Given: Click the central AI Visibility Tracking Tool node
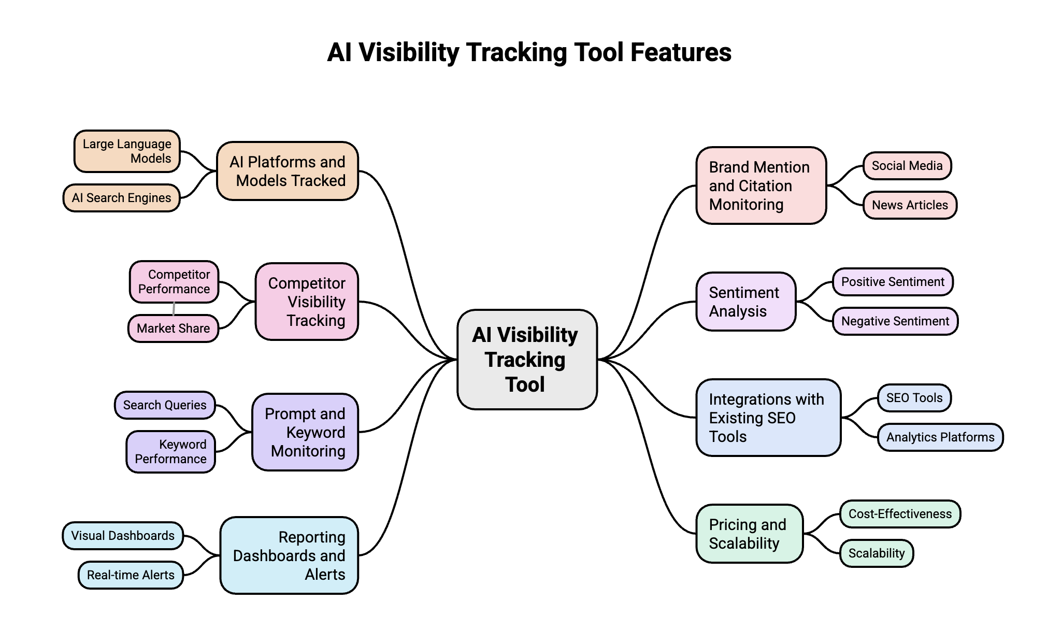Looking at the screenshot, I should click(527, 359).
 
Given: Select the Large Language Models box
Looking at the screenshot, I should click(127, 151).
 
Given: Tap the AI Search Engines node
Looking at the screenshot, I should click(121, 197).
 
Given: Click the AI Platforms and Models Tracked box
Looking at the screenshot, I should click(288, 171).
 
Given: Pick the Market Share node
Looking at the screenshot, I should click(173, 328).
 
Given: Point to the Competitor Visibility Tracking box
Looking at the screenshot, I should click(307, 302).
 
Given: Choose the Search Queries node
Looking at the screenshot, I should click(164, 405).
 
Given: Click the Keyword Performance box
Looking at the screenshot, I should click(170, 451).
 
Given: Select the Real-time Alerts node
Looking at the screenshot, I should click(131, 575).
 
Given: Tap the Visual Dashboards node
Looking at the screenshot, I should click(123, 535).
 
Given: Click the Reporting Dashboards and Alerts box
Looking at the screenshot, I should click(289, 555).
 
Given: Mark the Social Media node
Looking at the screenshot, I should click(907, 165).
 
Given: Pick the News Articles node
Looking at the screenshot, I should click(910, 205).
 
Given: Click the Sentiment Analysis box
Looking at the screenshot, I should click(745, 302).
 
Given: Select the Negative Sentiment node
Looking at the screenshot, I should click(895, 321).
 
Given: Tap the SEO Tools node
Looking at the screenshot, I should click(914, 397).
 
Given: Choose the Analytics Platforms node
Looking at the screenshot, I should click(940, 437).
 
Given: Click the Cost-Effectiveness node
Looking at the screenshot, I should click(899, 513).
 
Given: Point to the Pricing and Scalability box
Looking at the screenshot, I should click(749, 534).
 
